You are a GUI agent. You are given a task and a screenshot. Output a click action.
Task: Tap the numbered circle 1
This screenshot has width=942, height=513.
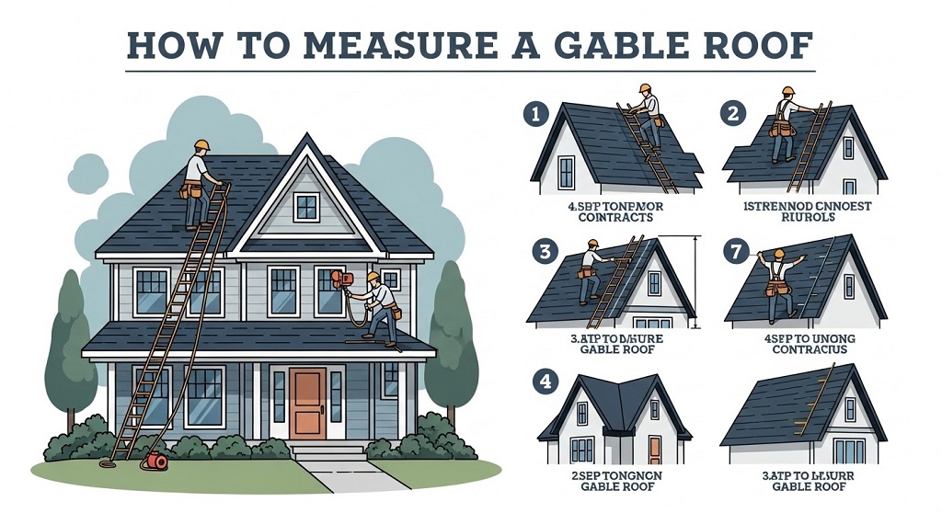[535, 115]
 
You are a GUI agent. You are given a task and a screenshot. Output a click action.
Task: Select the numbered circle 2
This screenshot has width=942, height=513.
[733, 115]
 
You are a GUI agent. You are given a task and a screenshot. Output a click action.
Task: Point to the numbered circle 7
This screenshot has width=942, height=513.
[733, 251]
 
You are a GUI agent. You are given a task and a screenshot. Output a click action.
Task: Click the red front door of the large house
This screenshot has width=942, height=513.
[307, 404]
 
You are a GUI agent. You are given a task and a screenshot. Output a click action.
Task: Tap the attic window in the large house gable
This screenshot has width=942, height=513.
[305, 208]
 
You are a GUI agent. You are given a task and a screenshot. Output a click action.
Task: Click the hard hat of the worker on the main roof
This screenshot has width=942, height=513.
[201, 145]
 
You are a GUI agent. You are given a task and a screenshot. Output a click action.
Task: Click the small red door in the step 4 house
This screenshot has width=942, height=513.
[655, 450]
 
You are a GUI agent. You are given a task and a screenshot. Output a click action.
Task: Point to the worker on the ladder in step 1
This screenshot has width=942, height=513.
[649, 114]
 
